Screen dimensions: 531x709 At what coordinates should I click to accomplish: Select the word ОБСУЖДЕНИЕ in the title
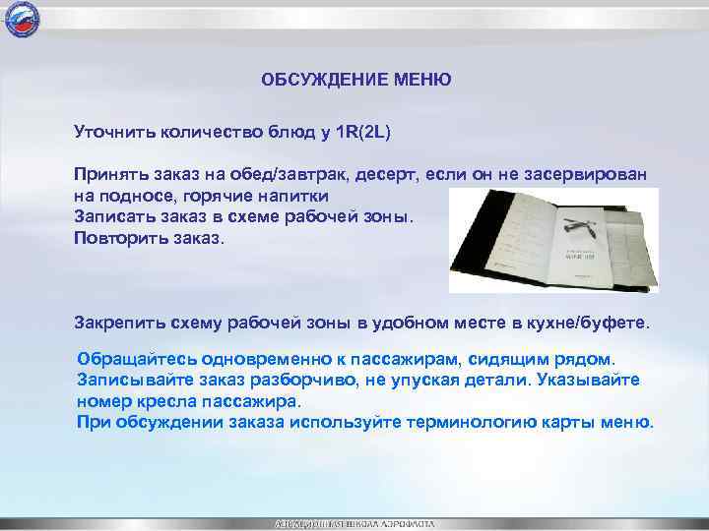pos(319,79)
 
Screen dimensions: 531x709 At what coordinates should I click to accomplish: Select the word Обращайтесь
pos(133,358)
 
